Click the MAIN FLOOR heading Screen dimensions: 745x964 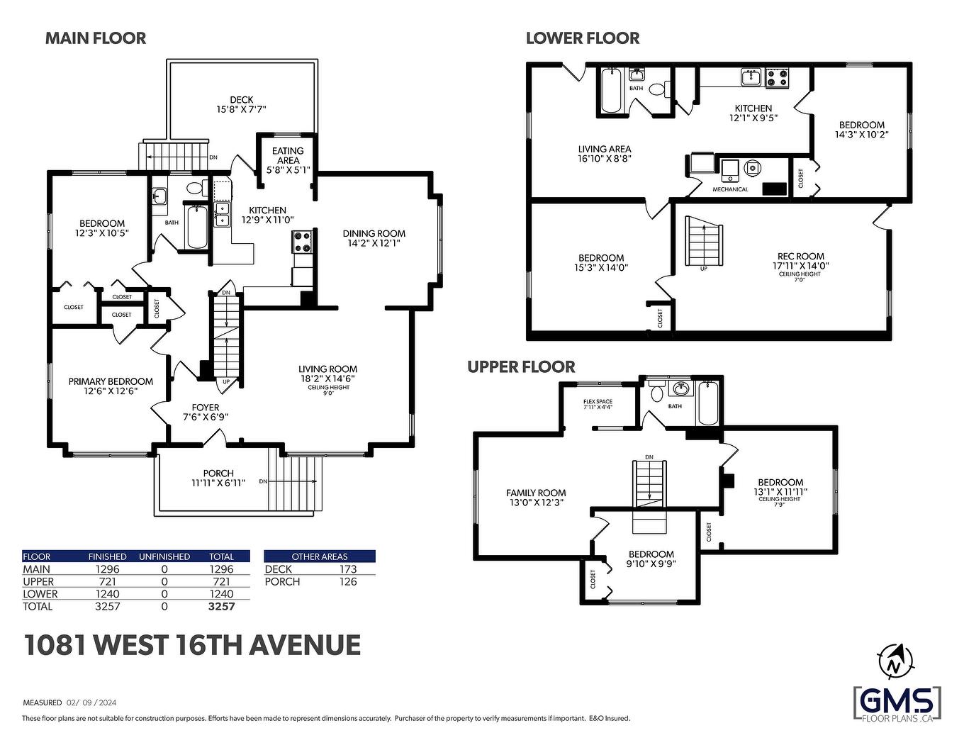[x=96, y=38]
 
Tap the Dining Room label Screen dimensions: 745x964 [x=374, y=238]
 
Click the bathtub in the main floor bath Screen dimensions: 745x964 [x=196, y=226]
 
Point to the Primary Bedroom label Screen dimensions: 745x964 [x=111, y=386]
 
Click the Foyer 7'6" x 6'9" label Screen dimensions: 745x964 [x=206, y=412]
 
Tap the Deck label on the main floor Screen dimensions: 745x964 [x=241, y=104]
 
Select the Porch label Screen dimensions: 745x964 [x=218, y=478]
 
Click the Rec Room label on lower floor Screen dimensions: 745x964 [x=800, y=261]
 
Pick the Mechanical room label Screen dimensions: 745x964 [x=730, y=189]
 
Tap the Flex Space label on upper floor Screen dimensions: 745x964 [x=598, y=404]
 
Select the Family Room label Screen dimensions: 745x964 [x=536, y=497]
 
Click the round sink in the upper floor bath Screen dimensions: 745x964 [x=680, y=389]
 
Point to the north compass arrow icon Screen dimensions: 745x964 [x=894, y=661]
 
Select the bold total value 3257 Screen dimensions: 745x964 [x=221, y=606]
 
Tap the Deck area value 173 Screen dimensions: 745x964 [x=348, y=568]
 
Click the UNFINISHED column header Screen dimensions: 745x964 [x=164, y=556]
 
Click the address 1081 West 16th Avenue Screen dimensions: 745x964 [x=192, y=645]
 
